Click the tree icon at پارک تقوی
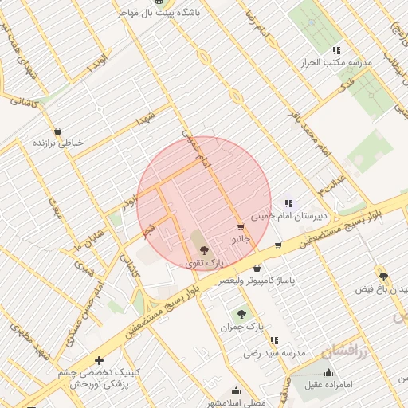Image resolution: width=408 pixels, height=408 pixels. coord(205,249)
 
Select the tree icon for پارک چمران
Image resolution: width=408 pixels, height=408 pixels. coord(241,314)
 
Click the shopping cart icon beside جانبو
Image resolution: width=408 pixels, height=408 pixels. coord(241,227)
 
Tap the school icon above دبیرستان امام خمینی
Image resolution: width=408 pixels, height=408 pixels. coord(288,203)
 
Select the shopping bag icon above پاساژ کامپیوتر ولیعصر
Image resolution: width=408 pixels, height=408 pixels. coord(257,269)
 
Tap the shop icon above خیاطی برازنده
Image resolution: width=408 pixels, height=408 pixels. coord(57,131)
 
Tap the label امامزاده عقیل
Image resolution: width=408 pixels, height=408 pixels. coord(328,386)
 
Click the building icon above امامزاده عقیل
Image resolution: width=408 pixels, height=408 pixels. coord(328,372)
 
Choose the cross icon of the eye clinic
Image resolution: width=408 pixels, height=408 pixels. coord(99,361)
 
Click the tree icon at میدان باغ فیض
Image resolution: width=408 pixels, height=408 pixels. coord(384,277)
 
